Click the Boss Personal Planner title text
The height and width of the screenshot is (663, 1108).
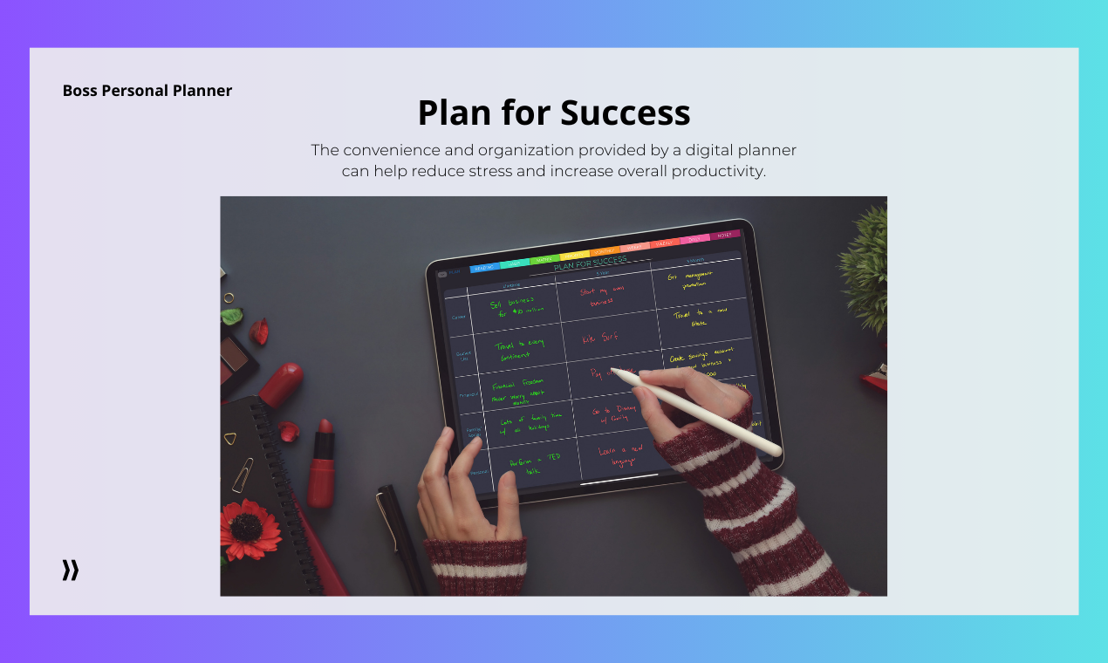147,91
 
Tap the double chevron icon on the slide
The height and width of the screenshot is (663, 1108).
71,571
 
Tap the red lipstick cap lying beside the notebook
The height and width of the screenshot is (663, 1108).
280,385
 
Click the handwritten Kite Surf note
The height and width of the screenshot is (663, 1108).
601,337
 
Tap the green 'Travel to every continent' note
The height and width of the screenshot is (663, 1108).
518,350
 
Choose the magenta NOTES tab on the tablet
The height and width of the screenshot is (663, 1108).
725,235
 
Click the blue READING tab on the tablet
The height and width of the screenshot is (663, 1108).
484,267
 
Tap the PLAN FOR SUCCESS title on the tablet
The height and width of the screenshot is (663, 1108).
590,261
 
